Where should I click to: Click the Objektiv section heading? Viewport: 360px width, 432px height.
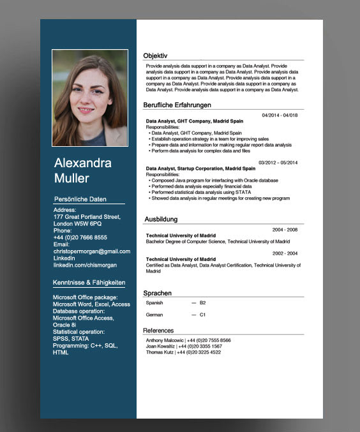click(155, 56)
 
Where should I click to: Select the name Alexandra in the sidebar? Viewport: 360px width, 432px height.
click(83, 163)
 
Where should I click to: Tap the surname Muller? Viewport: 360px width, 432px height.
click(71, 178)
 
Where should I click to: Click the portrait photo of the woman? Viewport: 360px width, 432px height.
click(90, 98)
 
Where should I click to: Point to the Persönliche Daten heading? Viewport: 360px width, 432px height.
click(80, 199)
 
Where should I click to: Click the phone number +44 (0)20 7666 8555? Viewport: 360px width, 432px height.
click(80, 237)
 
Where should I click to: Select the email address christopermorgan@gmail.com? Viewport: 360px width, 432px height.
click(91, 251)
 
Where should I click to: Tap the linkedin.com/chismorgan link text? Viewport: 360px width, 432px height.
click(85, 265)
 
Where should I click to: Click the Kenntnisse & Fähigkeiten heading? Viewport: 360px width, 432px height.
click(89, 282)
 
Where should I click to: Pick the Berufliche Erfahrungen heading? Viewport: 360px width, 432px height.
click(177, 105)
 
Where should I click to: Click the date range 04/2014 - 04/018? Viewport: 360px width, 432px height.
click(280, 115)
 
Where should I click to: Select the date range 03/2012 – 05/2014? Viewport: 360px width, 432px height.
click(278, 163)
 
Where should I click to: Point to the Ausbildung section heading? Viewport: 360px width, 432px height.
click(160, 219)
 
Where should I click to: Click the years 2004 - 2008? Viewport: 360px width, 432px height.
click(285, 229)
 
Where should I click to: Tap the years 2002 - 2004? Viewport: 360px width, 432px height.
click(285, 253)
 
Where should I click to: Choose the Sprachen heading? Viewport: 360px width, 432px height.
click(157, 293)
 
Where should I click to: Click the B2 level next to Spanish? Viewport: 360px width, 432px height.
click(203, 303)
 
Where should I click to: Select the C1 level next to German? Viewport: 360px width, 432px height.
click(203, 315)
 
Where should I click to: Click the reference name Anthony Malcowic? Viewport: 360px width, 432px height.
click(165, 341)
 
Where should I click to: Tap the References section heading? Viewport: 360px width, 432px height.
click(158, 331)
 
